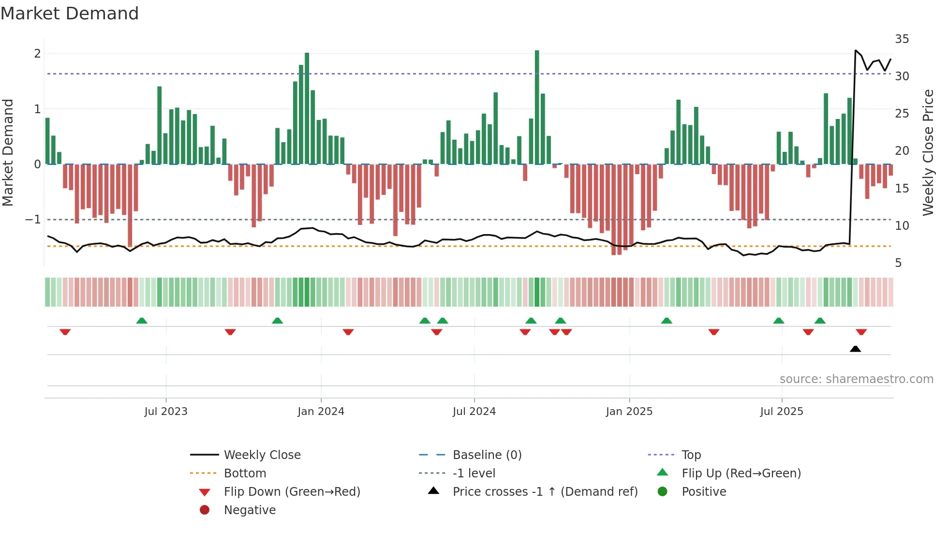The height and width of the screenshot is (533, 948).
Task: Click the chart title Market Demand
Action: pyautogui.click(x=70, y=14)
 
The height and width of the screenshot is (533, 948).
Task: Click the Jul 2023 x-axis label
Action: pyautogui.click(x=165, y=412)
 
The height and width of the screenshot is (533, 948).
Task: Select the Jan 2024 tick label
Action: pyautogui.click(x=321, y=412)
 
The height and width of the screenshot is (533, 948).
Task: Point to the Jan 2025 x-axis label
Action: pyautogui.click(x=629, y=412)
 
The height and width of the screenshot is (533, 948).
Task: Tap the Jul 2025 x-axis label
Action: pyautogui.click(x=781, y=412)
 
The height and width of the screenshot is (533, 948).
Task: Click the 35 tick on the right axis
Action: pyautogui.click(x=902, y=39)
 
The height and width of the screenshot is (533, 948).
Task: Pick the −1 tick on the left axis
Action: pyautogui.click(x=33, y=220)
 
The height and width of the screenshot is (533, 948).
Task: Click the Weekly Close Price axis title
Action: pyautogui.click(x=928, y=152)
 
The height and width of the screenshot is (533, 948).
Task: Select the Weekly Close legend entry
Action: pyautogui.click(x=262, y=455)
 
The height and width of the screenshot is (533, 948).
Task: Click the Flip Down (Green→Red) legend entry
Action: pyautogui.click(x=292, y=492)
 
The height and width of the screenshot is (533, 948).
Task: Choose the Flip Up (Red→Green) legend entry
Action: pyautogui.click(x=741, y=474)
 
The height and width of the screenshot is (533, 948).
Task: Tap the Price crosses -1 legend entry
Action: pyautogui.click(x=545, y=492)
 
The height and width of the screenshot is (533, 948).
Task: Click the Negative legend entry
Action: pyautogui.click(x=250, y=510)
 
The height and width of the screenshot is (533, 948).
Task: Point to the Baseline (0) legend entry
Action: pyautogui.click(x=487, y=455)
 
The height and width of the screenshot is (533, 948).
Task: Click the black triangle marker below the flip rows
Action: pyautogui.click(x=855, y=349)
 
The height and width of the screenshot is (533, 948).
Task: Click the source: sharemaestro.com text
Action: pyautogui.click(x=856, y=379)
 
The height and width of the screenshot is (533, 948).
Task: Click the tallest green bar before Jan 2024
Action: pyautogui.click(x=307, y=109)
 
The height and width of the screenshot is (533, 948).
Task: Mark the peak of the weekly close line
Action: pyautogui.click(x=856, y=50)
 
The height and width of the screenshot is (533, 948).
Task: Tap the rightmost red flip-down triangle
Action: pyautogui.click(x=861, y=332)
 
